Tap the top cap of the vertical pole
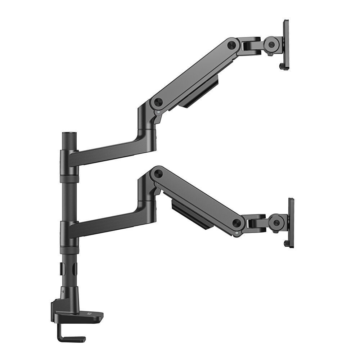67,135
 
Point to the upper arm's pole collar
69,158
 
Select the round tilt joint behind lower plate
276,222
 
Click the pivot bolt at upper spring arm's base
157,102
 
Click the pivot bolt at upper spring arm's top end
232,45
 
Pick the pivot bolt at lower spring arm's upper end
158,174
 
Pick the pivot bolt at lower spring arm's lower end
237,223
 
